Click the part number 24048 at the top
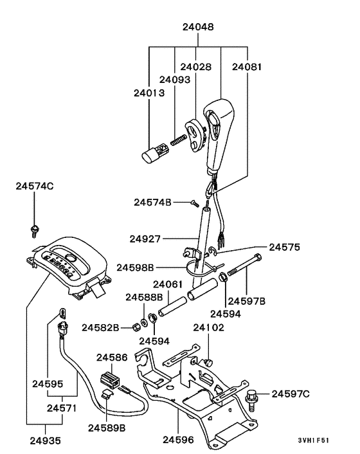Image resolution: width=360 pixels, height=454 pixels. tap(198, 28)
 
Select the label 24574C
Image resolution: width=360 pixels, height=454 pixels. tap(35, 186)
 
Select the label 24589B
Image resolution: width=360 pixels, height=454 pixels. tap(107, 427)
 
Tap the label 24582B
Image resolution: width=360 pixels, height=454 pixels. tap(101, 327)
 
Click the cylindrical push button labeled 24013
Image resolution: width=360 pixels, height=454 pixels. tap(153, 155)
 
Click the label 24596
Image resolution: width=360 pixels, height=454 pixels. tap(178, 440)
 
